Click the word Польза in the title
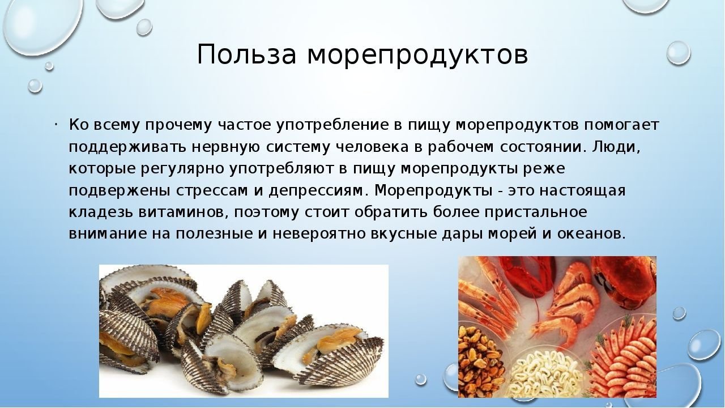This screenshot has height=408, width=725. [246, 54]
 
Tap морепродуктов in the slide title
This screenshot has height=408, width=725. [418, 56]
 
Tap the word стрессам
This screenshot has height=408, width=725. [211, 190]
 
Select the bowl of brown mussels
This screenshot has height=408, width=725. [481, 362]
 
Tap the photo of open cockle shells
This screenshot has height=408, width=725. [244, 331]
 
